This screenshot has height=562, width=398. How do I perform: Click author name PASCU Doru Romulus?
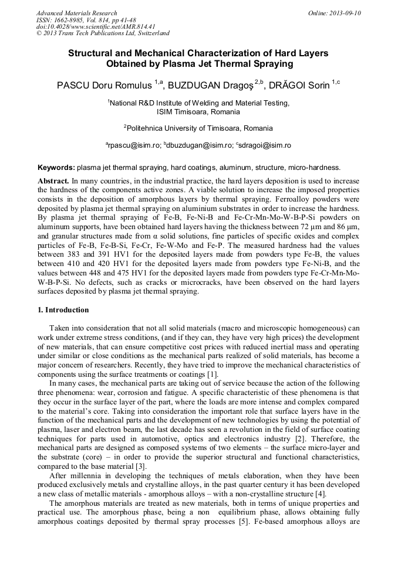(104, 86)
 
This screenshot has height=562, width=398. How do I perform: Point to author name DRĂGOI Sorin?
(299, 86)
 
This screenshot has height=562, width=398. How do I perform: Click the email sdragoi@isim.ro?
(264, 145)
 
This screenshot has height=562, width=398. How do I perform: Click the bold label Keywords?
(56, 168)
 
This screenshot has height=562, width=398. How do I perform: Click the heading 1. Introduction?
(63, 310)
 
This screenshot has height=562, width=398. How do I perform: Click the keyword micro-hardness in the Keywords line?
(316, 168)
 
